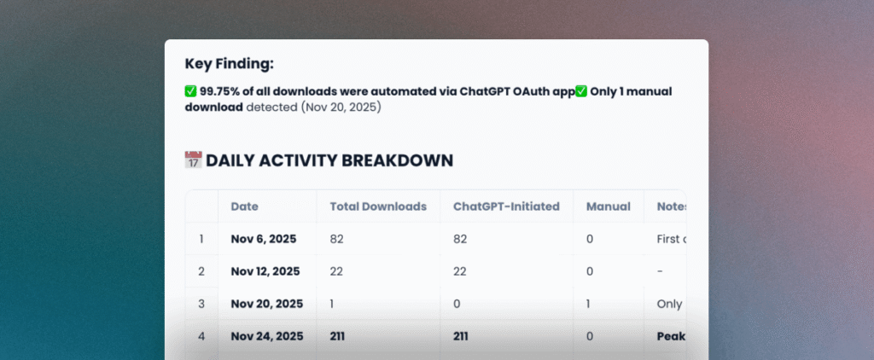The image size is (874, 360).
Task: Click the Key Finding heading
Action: tap(230, 63)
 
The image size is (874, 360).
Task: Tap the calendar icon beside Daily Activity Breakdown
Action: tap(193, 160)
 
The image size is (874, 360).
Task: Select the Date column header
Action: tap(244, 206)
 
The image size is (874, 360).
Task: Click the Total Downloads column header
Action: tap(377, 206)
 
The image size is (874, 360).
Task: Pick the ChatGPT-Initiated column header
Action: tap(506, 206)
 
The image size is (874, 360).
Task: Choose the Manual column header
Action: tap(608, 206)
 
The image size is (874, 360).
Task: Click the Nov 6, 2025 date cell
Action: tap(263, 239)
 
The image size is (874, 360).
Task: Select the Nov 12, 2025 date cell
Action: tap(265, 271)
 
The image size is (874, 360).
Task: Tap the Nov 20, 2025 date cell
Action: tap(266, 304)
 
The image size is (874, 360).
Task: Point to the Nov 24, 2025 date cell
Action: tap(266, 336)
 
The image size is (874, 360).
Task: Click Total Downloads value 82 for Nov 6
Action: tap(337, 239)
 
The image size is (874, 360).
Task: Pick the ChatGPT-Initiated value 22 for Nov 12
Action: tap(461, 271)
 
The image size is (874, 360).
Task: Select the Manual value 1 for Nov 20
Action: tap(589, 304)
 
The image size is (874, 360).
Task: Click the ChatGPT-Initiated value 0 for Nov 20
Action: tap(457, 304)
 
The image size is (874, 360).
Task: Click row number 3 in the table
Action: tap(201, 304)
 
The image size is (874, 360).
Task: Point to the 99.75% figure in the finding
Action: tap(220, 91)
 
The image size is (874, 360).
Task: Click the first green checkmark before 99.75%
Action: tap(191, 91)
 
